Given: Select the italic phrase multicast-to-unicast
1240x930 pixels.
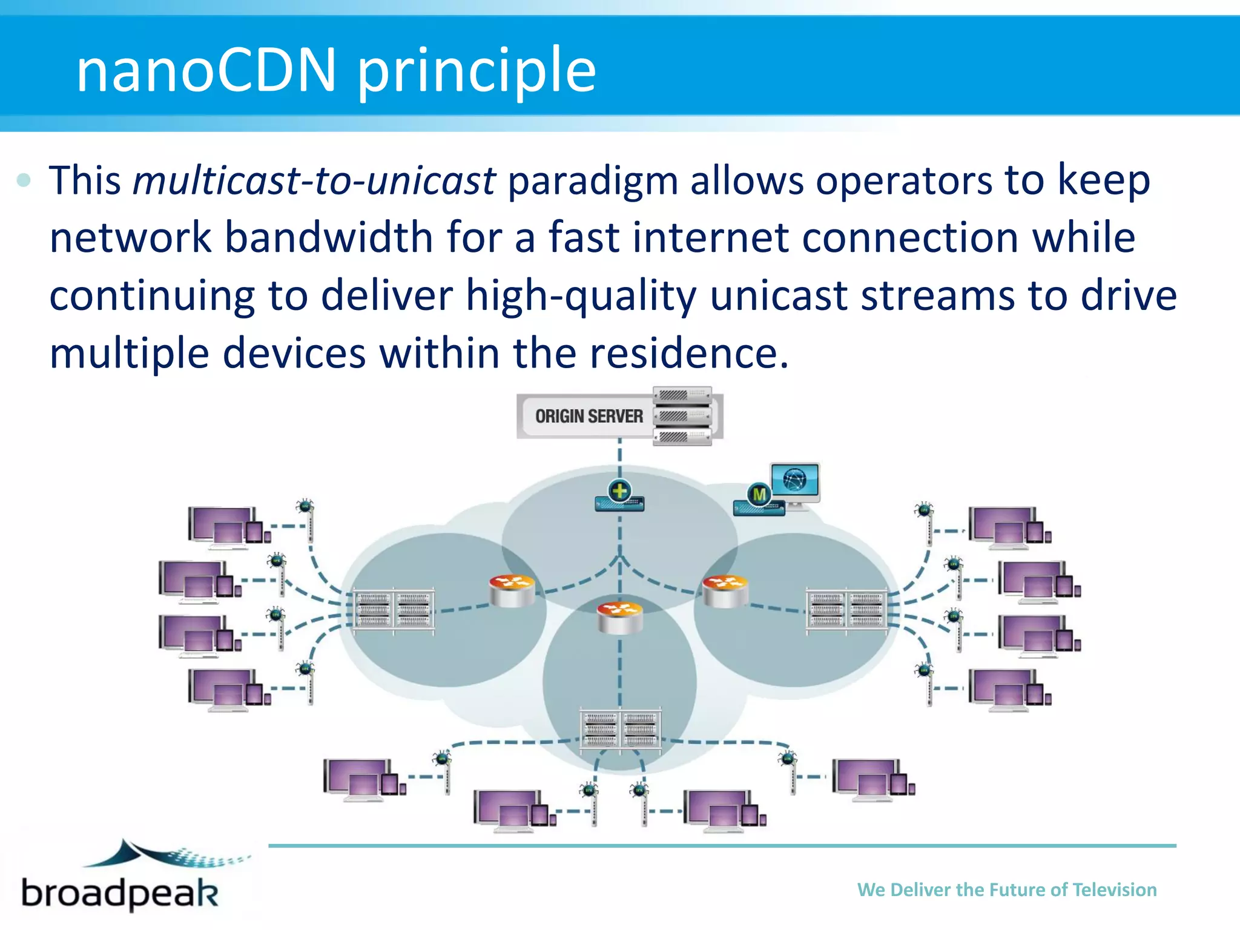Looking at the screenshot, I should tap(314, 180).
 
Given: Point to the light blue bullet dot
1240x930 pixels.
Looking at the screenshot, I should tap(24, 180).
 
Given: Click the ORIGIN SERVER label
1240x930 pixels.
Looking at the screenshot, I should tap(589, 417).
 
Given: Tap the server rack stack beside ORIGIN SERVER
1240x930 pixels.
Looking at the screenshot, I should tap(682, 417).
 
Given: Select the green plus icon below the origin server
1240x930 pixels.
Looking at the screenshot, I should tap(619, 490).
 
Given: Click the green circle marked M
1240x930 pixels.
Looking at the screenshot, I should tap(759, 494).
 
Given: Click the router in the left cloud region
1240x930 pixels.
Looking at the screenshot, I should tap(512, 590).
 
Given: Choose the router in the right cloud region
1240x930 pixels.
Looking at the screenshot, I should tap(725, 590).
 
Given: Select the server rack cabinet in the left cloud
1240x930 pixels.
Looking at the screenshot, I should tap(394, 610).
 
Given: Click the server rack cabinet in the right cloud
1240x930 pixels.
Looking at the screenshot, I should tap(847, 610).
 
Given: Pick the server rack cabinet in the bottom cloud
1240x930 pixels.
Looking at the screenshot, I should tap(620, 729).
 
